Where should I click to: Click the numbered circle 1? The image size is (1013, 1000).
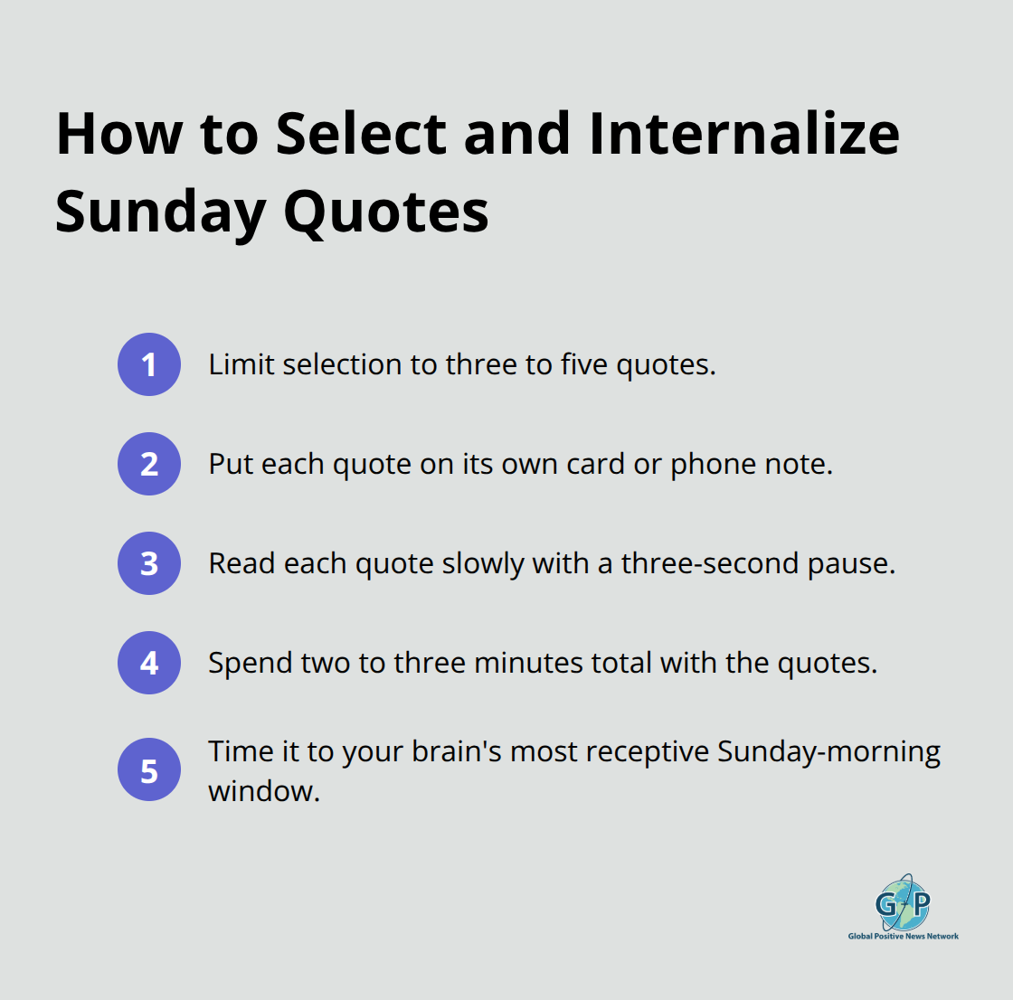point(149,364)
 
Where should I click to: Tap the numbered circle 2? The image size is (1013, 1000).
point(149,464)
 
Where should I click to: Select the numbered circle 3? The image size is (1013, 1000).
point(149,563)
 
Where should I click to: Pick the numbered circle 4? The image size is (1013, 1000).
point(149,663)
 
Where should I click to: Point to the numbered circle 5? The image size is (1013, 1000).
point(149,771)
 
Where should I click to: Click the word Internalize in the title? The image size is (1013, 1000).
point(743,134)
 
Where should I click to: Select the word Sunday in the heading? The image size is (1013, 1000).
point(160,213)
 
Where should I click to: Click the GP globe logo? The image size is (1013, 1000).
point(903,902)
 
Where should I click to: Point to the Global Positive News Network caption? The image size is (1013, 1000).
point(903,937)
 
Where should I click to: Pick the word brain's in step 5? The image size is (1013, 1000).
point(456,752)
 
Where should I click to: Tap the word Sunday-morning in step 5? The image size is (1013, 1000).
point(828,752)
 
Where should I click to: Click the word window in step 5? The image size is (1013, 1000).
point(262,791)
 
